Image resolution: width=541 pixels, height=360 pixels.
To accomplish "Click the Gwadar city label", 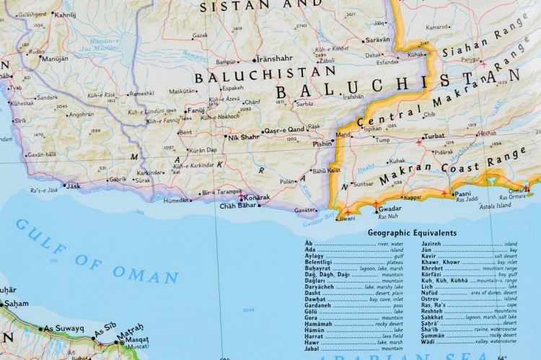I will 390,209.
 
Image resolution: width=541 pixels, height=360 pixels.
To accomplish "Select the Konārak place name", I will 257,197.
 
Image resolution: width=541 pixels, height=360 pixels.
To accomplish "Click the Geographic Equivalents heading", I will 411,233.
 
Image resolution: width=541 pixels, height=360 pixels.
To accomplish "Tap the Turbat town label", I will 434,136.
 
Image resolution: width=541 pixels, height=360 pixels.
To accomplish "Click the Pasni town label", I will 463,193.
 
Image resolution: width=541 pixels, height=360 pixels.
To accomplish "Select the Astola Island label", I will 495,206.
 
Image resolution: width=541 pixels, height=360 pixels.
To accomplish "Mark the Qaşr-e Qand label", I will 283,131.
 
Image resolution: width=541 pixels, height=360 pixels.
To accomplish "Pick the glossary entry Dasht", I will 312,293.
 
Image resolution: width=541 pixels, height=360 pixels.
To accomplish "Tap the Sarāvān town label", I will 377,40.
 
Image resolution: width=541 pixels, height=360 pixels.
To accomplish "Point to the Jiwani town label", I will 347,217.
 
